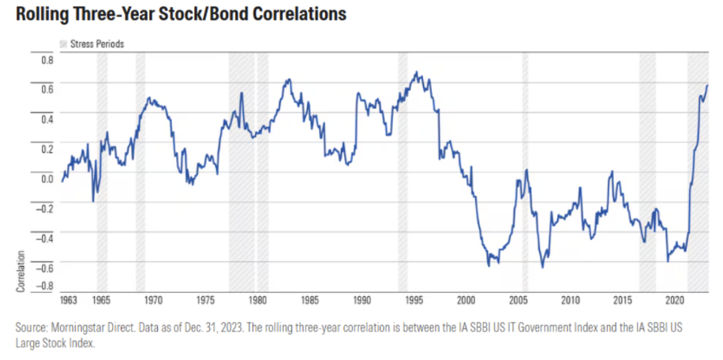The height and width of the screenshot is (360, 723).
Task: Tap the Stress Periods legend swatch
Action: pyautogui.click(x=64, y=44)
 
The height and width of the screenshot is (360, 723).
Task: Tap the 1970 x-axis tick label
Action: pyautogui.click(x=154, y=301)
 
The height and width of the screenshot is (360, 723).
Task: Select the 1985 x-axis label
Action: pyautogui.click(x=309, y=301)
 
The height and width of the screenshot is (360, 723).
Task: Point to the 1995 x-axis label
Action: pyautogui.click(x=414, y=301)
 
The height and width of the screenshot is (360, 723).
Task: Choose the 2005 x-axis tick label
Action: pyautogui.click(x=519, y=301)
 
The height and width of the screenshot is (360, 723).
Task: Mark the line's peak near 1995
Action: pyautogui.click(x=417, y=73)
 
